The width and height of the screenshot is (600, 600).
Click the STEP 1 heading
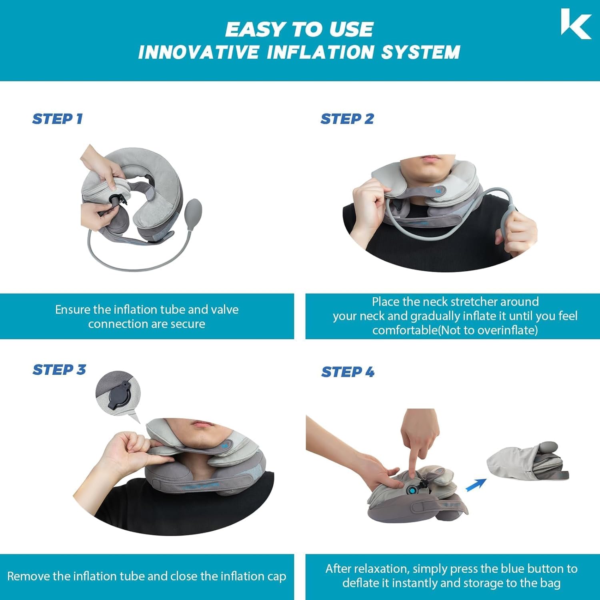pos(57,119)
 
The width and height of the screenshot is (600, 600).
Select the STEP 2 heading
pos(347,119)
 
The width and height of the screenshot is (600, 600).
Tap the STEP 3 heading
pos(59,370)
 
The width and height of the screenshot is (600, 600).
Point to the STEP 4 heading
pos(348,372)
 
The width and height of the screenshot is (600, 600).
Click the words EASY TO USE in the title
pos(299,30)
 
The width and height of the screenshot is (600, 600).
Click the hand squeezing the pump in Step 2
pos(518,232)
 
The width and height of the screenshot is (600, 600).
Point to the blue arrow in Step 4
pos(476,484)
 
